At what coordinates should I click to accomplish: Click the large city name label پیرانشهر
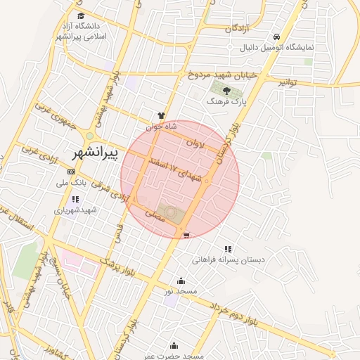tap(99, 152)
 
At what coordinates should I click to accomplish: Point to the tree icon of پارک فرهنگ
tap(226, 90)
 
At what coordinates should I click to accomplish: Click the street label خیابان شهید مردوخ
tap(224, 73)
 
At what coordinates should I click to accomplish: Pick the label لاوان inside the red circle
tap(194, 143)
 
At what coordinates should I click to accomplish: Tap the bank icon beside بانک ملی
tap(70, 172)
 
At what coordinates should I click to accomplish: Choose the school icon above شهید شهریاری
tap(75, 200)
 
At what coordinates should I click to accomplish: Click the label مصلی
tap(153, 213)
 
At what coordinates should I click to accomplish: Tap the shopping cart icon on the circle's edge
tap(186, 236)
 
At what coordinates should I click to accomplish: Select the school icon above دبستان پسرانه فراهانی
tap(228, 249)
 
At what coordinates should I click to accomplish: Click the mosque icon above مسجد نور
tap(181, 280)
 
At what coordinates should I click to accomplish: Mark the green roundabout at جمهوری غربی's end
tap(89, 135)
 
